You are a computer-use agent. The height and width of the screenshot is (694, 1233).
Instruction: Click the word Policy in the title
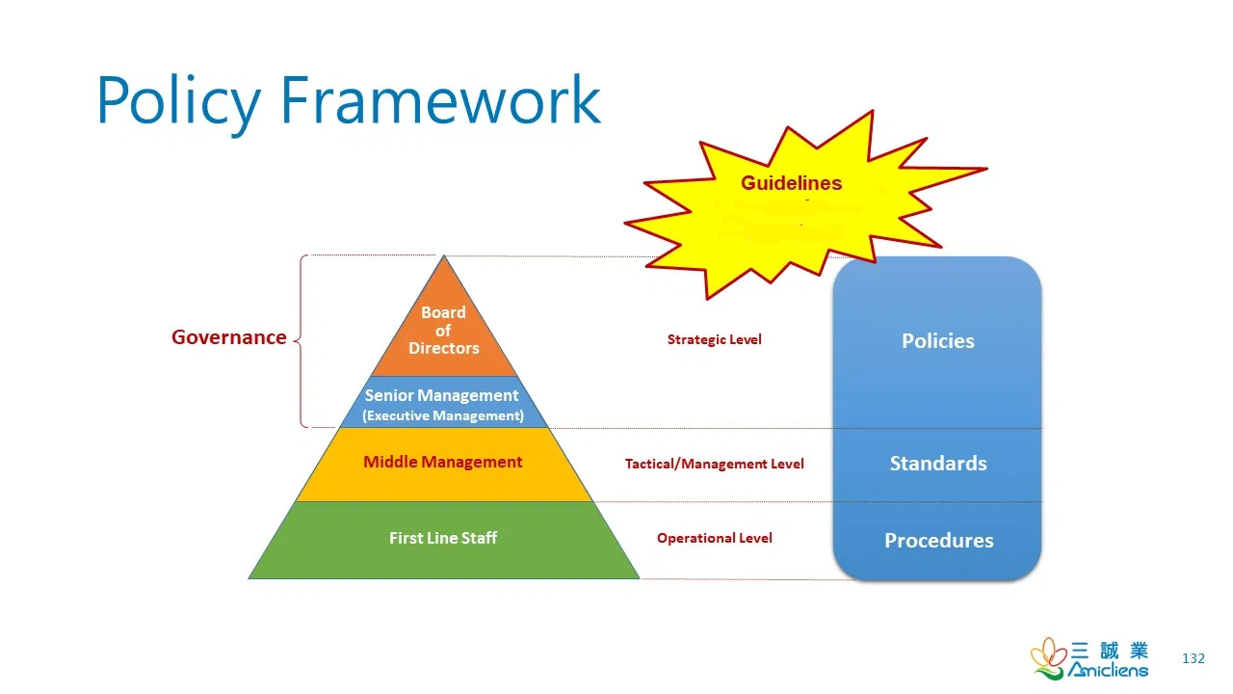(178, 99)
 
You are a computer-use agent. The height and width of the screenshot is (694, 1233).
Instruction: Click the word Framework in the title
(440, 99)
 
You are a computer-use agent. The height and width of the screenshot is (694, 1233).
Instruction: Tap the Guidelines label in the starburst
(791, 183)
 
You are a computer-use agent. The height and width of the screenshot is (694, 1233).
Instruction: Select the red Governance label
(228, 337)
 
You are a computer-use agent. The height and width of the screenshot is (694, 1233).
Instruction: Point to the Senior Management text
(441, 395)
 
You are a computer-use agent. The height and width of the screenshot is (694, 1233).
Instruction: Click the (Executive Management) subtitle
(443, 416)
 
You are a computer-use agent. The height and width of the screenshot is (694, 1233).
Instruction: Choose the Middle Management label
(442, 462)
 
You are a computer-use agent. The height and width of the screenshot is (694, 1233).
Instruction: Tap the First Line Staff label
(443, 538)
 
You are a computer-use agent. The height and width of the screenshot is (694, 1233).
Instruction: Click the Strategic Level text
(714, 339)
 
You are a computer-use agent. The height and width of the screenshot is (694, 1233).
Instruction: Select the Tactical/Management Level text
(714, 464)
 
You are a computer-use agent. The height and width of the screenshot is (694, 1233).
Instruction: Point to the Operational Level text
(714, 538)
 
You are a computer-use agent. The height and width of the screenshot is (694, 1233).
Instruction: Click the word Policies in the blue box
(937, 341)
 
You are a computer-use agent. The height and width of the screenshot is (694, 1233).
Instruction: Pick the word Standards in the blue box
(937, 464)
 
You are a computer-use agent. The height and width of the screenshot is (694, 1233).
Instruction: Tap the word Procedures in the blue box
(938, 541)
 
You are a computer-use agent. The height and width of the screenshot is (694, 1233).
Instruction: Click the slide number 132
(1193, 658)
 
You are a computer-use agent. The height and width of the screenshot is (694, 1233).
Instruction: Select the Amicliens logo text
(1108, 670)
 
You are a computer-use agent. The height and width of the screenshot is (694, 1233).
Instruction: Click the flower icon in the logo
(1048, 657)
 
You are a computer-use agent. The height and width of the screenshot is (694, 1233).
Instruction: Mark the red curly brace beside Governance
(302, 340)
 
